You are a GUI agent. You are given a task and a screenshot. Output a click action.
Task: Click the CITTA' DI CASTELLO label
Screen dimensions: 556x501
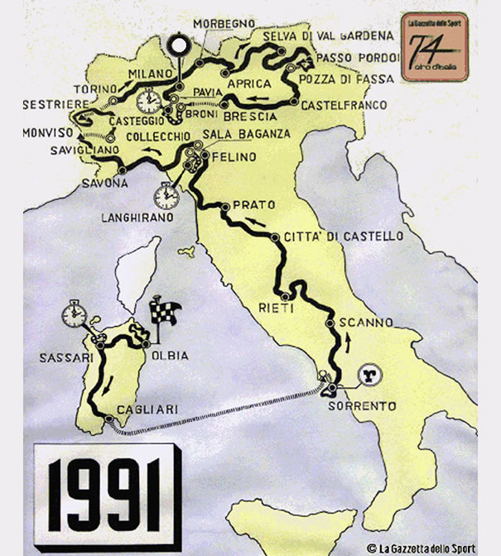point(343,237)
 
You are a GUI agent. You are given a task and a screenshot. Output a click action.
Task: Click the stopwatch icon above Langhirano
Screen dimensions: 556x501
point(166,195)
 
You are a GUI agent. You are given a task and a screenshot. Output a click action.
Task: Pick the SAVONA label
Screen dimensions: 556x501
point(104,183)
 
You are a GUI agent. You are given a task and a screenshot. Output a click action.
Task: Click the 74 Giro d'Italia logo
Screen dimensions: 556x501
point(433,46)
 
